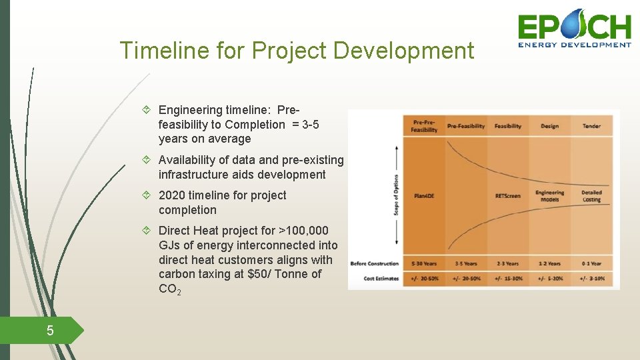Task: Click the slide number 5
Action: tap(49, 330)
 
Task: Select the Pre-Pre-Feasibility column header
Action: tap(425, 126)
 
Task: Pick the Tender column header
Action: tap(591, 126)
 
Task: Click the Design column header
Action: tap(550, 126)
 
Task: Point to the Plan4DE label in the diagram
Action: tap(424, 196)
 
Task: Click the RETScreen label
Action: tap(508, 196)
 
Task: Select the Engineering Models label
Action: tap(550, 196)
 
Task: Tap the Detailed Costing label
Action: tap(591, 196)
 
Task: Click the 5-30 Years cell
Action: tap(425, 263)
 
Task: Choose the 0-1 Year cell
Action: tap(591, 263)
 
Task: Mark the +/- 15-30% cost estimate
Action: tap(508, 278)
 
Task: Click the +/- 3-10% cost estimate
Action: tap(591, 278)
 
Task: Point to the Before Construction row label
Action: tap(375, 263)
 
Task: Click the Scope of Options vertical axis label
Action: tap(397, 195)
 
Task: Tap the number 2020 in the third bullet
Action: tap(172, 195)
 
